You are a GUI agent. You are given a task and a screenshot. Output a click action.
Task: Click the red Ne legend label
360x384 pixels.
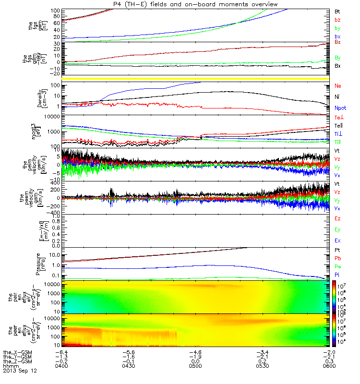point(337,85)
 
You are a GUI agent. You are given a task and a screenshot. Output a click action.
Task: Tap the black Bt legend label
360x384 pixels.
point(337,11)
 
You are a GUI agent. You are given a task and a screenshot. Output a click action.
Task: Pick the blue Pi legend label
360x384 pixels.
point(337,274)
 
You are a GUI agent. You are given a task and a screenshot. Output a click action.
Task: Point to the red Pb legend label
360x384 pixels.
point(337,258)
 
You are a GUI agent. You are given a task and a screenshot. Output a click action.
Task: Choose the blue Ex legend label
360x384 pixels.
point(337,240)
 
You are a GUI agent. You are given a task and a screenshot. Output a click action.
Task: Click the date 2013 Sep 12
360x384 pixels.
point(20,371)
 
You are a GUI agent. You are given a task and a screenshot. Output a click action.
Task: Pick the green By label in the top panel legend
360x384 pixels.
point(337,28)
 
